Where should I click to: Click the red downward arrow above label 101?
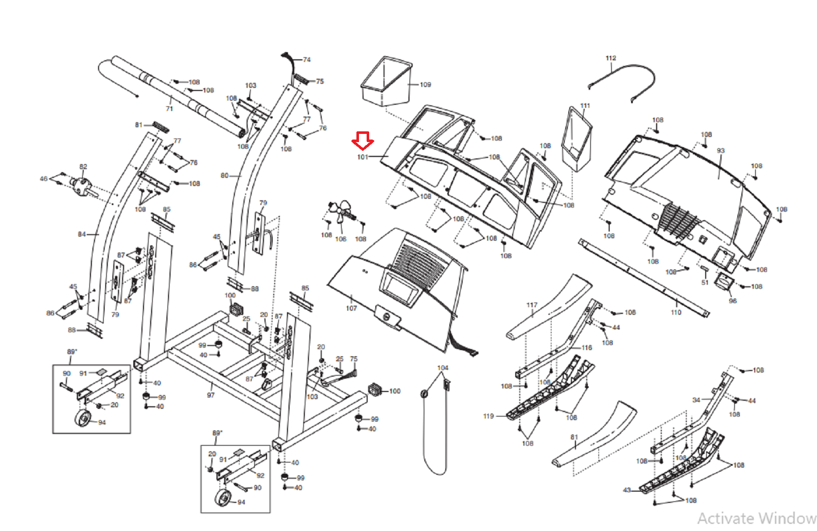point(363,141)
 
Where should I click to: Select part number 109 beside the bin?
point(425,85)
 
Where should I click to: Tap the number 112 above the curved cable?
point(611,58)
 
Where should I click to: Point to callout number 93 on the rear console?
point(720,151)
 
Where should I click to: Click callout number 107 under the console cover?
point(351,308)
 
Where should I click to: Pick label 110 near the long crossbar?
point(676,312)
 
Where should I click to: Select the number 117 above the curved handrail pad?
point(532,305)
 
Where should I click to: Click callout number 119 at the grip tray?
point(488,416)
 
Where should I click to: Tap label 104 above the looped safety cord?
point(443,368)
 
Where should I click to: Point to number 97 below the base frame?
point(210,395)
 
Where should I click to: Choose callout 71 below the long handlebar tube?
point(169,109)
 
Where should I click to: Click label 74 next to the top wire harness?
point(307,60)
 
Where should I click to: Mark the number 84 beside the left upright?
point(82,235)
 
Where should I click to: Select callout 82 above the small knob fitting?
point(83,167)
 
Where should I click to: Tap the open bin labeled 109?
point(386,82)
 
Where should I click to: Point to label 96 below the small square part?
point(733,301)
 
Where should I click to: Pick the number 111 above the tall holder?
point(585,106)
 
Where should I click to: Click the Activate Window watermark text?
point(757,519)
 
